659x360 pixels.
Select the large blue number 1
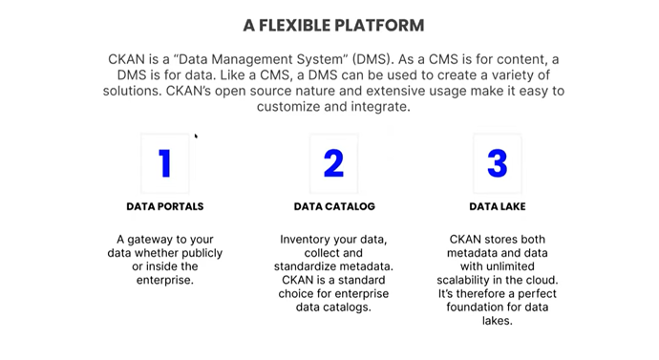[165, 163]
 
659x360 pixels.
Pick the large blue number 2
[333, 163]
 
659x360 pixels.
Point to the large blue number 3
[497, 163]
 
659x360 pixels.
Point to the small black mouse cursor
[196, 136]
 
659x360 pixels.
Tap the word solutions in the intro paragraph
[134, 91]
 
